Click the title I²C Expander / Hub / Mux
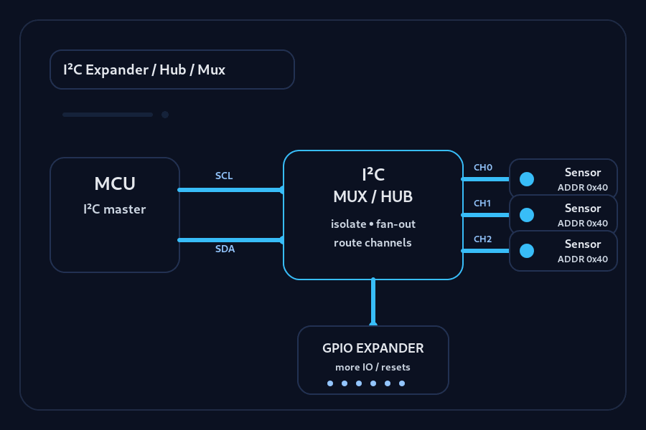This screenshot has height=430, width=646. (144, 70)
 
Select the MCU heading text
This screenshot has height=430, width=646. (115, 183)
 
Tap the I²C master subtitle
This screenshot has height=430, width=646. (115, 209)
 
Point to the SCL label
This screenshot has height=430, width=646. (224, 176)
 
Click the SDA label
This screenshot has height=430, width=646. (225, 249)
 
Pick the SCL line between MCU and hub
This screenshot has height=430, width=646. (230, 190)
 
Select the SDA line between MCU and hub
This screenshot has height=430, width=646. (230, 240)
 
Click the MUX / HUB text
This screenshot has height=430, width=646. (373, 196)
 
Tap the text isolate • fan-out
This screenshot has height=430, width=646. (373, 224)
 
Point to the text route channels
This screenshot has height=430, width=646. (373, 242)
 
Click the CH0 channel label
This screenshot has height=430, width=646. (482, 168)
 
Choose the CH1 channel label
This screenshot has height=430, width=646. (482, 204)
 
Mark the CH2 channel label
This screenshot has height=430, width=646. (482, 239)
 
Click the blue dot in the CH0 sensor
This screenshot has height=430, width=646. (527, 179)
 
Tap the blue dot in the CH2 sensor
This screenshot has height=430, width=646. (527, 251)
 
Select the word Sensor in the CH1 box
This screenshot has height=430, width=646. (582, 209)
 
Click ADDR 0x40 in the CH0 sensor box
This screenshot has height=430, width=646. (582, 188)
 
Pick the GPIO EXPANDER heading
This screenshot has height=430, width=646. (373, 348)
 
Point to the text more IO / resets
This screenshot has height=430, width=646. (373, 367)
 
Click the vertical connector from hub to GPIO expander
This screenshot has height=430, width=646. (373, 302)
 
